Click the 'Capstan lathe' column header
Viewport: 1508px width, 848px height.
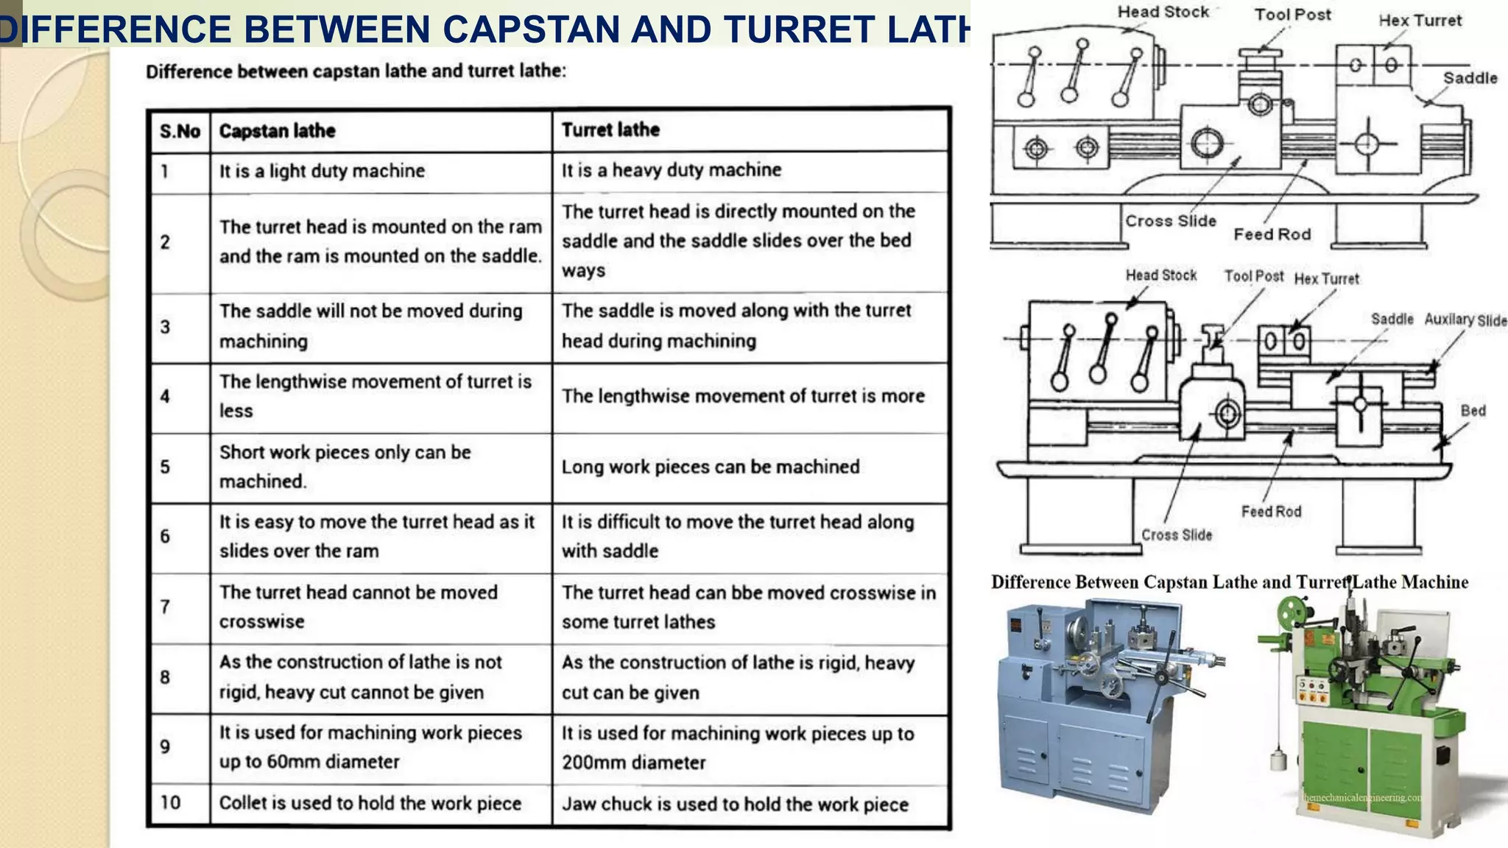278,131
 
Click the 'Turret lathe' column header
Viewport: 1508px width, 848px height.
610,130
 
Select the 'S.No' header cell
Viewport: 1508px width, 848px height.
180,132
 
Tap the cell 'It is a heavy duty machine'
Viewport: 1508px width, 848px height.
671,170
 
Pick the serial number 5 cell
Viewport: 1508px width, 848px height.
165,467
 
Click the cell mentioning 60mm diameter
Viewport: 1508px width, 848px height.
370,747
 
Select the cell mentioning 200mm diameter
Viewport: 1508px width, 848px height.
737,748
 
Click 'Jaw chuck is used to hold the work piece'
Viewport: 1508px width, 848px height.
735,805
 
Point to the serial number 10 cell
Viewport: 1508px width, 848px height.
170,802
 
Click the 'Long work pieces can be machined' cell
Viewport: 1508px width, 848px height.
710,467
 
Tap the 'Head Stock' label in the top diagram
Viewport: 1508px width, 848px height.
1163,13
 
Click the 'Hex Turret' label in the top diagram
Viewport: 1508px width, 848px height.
1420,21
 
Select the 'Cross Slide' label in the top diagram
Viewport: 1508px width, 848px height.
1170,221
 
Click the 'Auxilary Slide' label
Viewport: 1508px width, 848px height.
1465,319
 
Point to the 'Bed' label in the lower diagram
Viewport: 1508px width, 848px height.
1473,411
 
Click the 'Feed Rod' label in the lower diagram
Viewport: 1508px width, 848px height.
1271,512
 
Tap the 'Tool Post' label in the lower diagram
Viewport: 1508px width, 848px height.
1253,276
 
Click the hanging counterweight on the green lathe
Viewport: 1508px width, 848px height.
1278,760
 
